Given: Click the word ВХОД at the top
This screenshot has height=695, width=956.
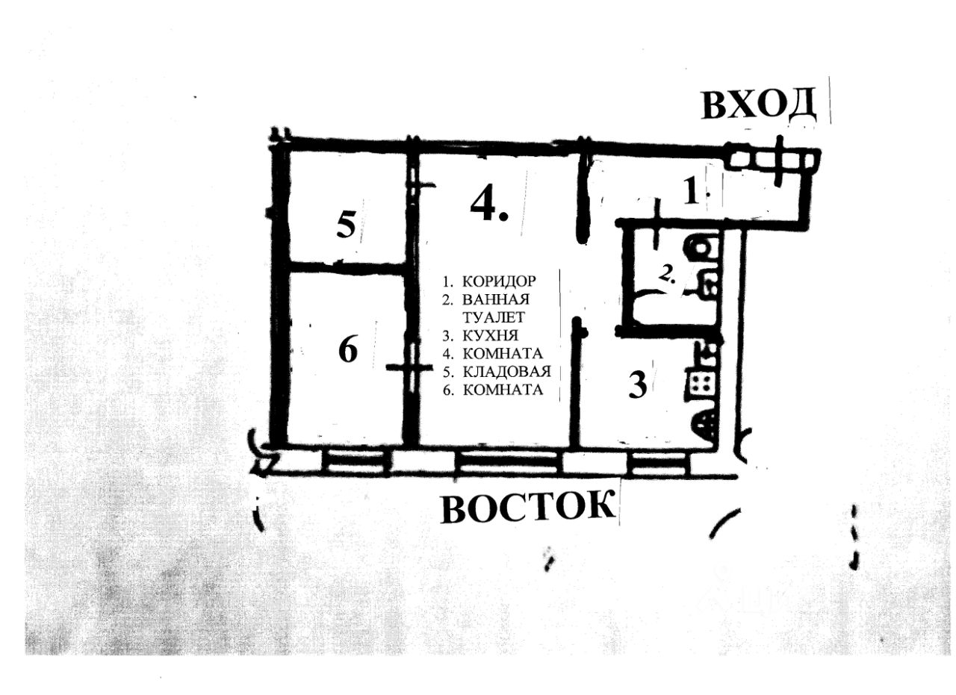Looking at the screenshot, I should (x=759, y=105).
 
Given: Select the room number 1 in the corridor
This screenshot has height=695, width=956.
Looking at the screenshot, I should (x=692, y=194).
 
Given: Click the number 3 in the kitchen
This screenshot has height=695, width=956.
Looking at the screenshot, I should (x=637, y=386).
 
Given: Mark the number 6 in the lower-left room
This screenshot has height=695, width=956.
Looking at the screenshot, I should (x=348, y=349).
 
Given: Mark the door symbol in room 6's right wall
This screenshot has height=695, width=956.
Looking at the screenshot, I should (x=410, y=367).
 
